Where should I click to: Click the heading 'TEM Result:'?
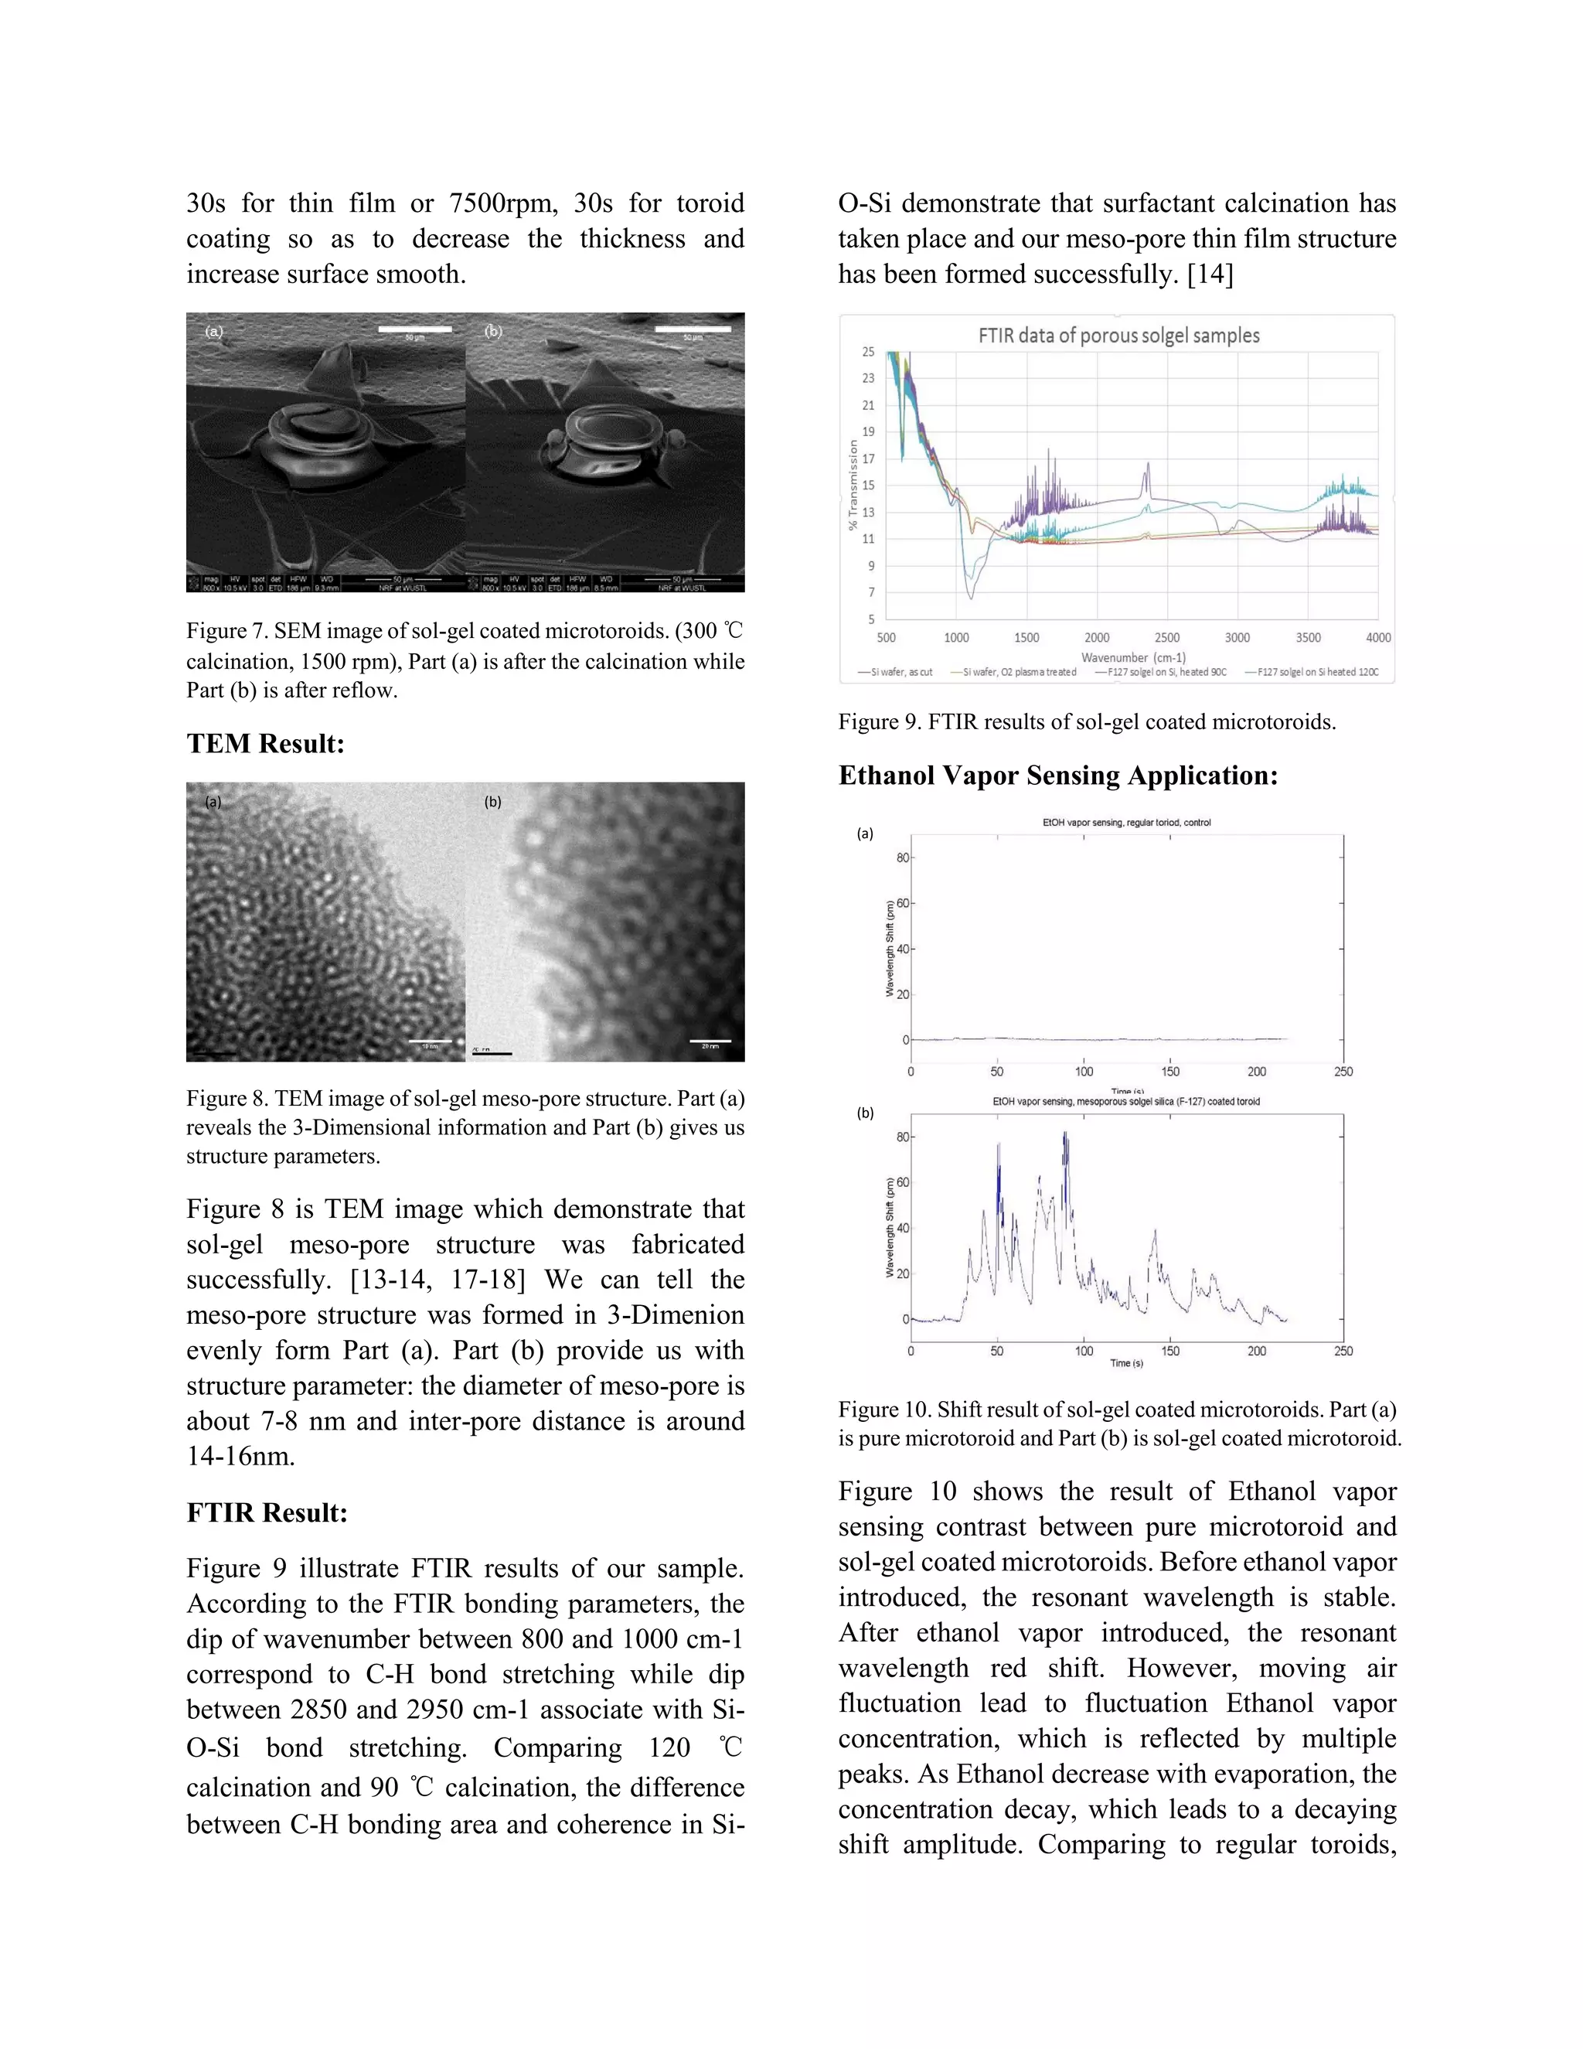click(265, 744)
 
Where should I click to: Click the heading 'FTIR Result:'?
click(267, 1513)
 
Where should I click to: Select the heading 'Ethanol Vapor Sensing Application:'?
click(1058, 776)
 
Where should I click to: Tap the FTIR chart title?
click(1118, 335)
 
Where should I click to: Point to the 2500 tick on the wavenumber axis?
click(1166, 638)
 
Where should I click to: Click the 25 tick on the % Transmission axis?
click(868, 352)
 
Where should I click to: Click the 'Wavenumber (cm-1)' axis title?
click(1133, 656)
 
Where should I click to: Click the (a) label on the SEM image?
click(215, 331)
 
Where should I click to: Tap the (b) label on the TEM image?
click(492, 802)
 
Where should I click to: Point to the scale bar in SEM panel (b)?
click(692, 329)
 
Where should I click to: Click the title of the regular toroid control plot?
click(1126, 823)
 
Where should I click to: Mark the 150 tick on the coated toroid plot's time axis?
click(1170, 1351)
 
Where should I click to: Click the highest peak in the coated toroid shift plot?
click(1065, 1134)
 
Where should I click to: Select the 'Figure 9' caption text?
click(1087, 721)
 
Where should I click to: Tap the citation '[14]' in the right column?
click(1210, 274)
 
